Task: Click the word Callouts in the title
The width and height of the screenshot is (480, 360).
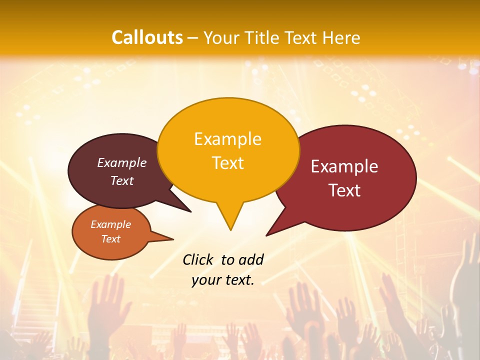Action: pos(147,37)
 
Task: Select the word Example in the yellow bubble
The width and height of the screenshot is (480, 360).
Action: pos(227,139)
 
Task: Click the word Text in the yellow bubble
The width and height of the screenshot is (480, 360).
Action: pos(227,163)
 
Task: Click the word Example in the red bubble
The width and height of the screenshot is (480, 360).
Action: pos(344,166)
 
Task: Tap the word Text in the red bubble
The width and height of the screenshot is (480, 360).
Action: pos(344,190)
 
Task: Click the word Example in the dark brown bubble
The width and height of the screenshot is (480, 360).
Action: pos(122,163)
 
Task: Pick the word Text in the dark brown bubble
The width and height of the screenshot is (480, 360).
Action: pos(122,181)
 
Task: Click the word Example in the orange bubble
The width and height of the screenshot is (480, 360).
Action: pos(110,224)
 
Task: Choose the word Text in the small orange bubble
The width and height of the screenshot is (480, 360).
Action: pos(110,239)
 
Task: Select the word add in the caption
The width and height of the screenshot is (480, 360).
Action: pos(250,259)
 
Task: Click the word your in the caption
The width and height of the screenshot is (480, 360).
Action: pos(205,280)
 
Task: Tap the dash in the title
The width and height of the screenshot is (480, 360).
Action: pos(193,37)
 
